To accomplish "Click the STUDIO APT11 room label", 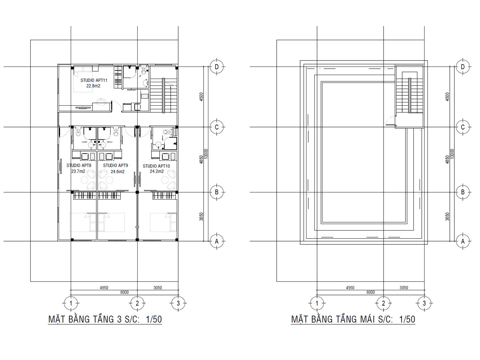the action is [94, 80].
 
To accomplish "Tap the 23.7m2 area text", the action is [78, 171].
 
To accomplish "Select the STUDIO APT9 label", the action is [116, 165].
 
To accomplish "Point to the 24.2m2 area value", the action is [156, 171].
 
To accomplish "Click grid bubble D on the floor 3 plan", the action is [217, 67].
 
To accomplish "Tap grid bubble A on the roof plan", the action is [463, 241].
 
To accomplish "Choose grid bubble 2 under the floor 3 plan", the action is [137, 303].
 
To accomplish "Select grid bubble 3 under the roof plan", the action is [424, 303].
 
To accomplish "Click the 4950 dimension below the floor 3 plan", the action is [104, 288].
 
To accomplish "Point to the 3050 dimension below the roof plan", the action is [404, 288].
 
